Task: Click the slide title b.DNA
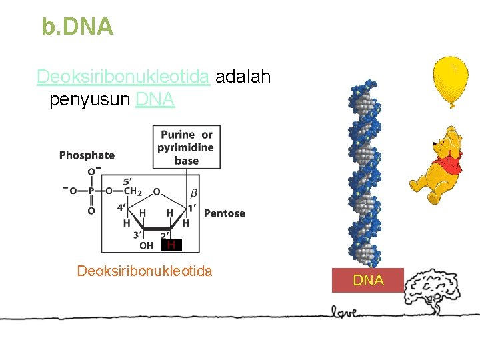[77, 27]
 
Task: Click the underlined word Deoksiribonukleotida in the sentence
[124, 77]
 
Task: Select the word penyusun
[89, 100]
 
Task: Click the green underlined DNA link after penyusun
[155, 100]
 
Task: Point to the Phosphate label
[87, 155]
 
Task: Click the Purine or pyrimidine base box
[186, 147]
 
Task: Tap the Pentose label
[224, 213]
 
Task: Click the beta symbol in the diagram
[194, 193]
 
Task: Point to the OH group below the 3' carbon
[146, 245]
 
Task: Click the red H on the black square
[171, 245]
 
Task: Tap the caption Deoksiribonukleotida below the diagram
[145, 271]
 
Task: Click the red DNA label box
[368, 281]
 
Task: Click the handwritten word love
[345, 311]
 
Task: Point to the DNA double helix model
[364, 173]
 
